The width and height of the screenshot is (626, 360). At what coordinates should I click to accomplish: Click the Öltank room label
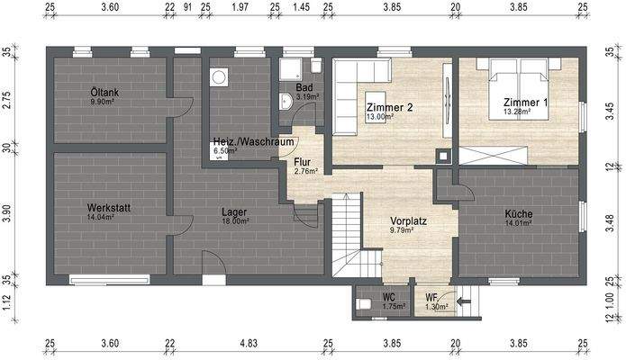pyautogui.click(x=104, y=92)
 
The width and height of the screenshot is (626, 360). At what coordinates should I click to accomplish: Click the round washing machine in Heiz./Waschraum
pyautogui.click(x=218, y=78)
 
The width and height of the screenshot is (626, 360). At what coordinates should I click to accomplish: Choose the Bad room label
pyautogui.click(x=304, y=87)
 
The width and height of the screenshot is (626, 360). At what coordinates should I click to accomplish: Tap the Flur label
pyautogui.click(x=303, y=162)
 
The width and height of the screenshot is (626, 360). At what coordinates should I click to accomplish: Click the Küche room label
pyautogui.click(x=518, y=213)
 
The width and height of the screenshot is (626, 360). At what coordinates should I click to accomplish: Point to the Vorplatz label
pyautogui.click(x=407, y=220)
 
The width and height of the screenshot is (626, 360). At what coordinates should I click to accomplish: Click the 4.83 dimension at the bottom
pyautogui.click(x=248, y=343)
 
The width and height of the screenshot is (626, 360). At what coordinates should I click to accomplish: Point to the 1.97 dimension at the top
pyautogui.click(x=240, y=7)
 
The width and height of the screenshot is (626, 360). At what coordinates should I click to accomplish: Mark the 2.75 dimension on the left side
pyautogui.click(x=7, y=99)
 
